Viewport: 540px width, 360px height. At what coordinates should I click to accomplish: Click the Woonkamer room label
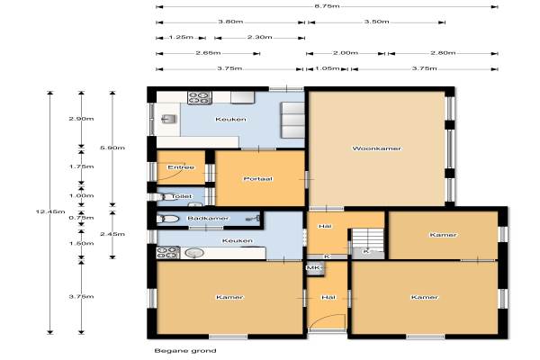pos(377,148)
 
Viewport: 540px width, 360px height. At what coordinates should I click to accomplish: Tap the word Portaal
pos(258,179)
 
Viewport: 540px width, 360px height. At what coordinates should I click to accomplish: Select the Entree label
pos(181,167)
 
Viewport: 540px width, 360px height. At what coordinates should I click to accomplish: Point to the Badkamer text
pos(208,218)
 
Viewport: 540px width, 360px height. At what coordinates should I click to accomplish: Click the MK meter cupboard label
pos(313,267)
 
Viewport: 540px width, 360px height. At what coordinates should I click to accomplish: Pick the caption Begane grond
pos(185,351)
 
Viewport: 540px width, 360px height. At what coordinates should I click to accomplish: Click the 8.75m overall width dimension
pos(327,6)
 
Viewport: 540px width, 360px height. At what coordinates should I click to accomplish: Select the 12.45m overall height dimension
pos(50,211)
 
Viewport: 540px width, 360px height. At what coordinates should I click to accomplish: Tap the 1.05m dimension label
pos(328,68)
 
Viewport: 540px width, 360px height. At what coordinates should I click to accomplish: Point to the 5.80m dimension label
pos(112,148)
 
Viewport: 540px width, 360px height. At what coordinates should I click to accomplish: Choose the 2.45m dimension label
pos(112,234)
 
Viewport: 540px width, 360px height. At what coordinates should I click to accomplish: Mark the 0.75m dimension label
pos(81,218)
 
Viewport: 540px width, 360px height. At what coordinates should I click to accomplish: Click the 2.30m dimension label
pos(260,37)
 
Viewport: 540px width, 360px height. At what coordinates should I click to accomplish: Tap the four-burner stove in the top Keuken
pos(200,97)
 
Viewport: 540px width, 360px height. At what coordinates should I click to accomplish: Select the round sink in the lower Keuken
pos(194,253)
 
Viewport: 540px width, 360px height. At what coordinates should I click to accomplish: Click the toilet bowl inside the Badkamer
pos(167,219)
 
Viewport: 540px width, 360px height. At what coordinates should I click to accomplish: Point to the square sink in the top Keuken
pos(169,119)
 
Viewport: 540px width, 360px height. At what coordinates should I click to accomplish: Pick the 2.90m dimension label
pos(81,119)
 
